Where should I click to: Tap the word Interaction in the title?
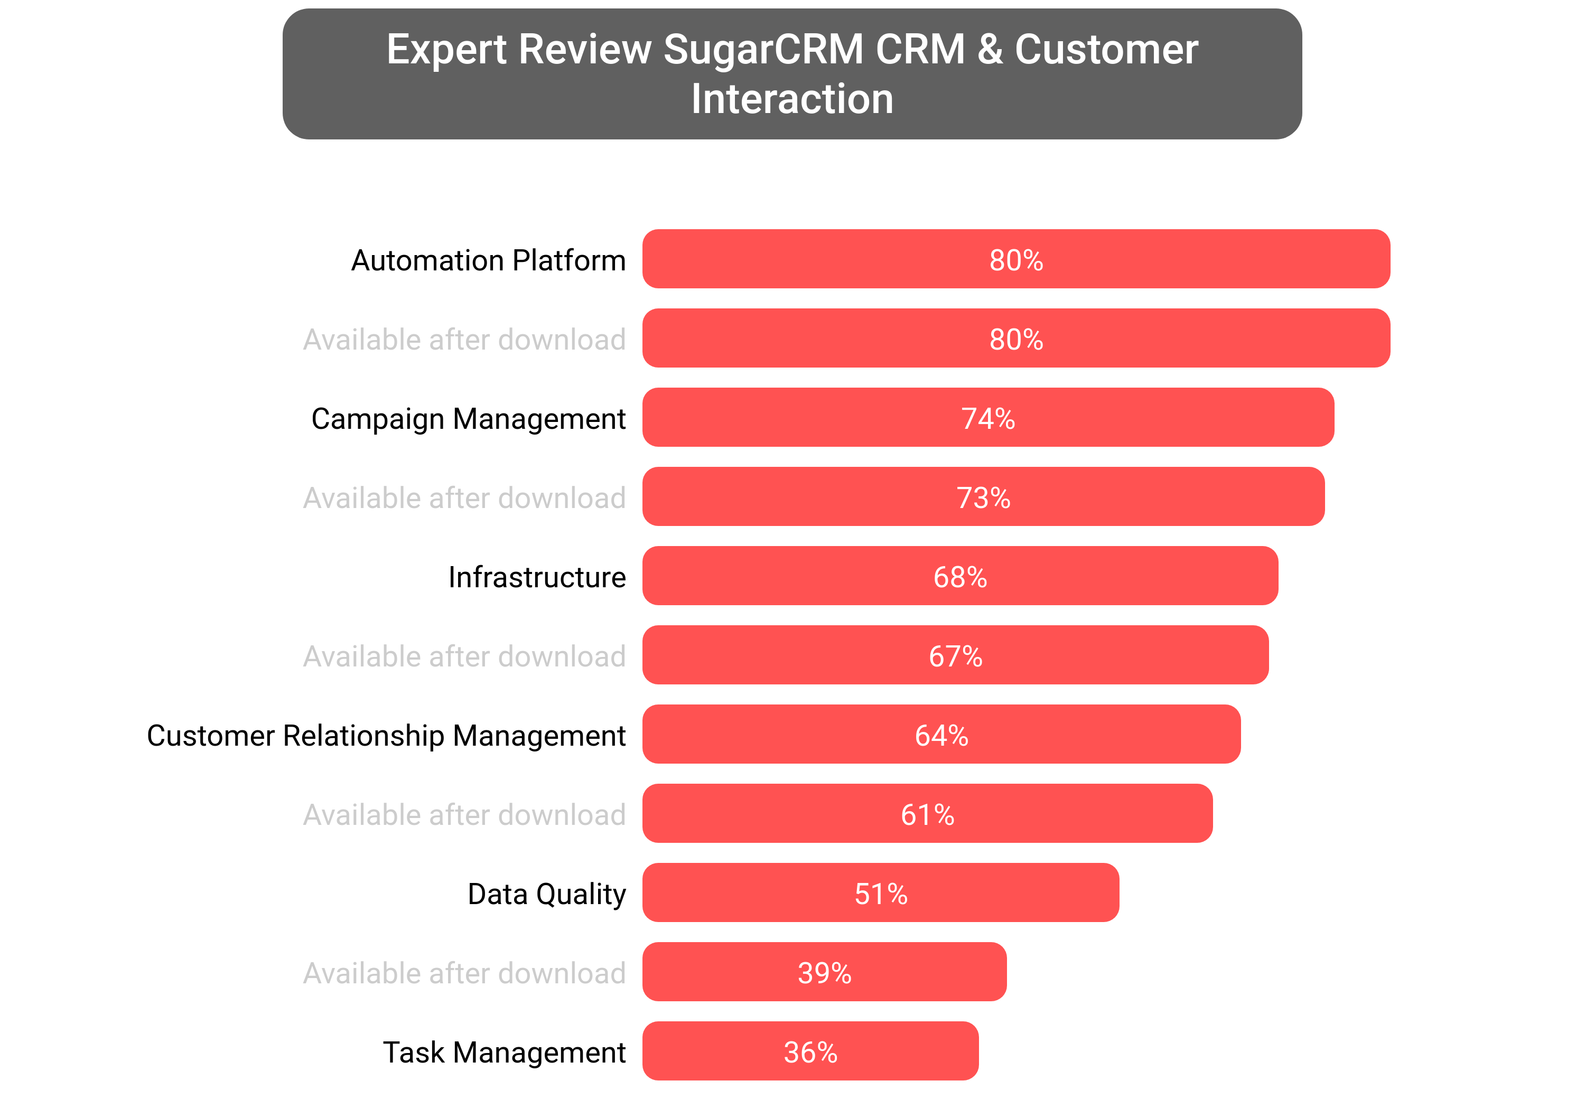[792, 99]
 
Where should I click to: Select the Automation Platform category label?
[488, 260]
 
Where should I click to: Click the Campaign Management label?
[468, 419]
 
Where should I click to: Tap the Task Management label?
[504, 1052]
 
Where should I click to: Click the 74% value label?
[988, 419]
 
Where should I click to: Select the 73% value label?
[983, 497]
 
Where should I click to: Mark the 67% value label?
[955, 656]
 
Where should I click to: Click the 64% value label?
[941, 736]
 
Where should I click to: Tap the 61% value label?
[927, 815]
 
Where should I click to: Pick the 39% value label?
[824, 973]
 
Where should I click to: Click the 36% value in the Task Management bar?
[810, 1052]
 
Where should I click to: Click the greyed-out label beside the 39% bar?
[464, 973]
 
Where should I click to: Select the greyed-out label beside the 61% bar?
[464, 815]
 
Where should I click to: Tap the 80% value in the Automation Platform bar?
[1015, 260]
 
